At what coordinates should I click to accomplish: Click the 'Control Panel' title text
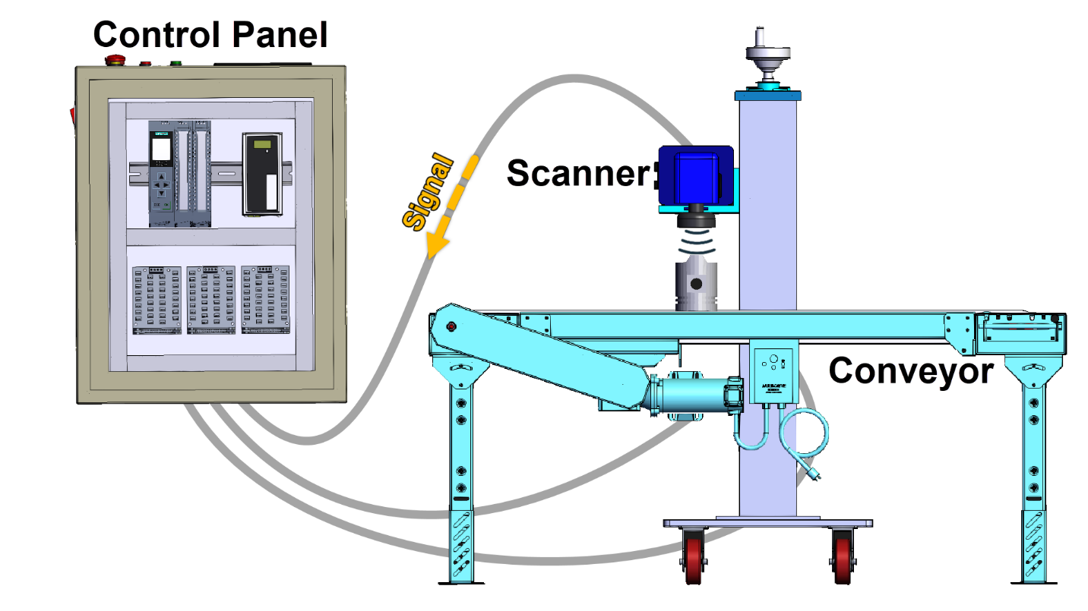(210, 34)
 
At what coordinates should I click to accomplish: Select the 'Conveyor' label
(910, 371)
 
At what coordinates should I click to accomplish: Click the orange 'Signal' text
(427, 192)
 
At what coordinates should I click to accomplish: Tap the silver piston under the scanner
(695, 285)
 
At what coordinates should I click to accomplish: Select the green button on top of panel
(176, 62)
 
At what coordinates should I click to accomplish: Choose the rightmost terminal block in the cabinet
(266, 300)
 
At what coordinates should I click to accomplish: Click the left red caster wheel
(694, 558)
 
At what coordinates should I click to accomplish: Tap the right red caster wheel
(843, 558)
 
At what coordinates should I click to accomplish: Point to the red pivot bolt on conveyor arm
(452, 327)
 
